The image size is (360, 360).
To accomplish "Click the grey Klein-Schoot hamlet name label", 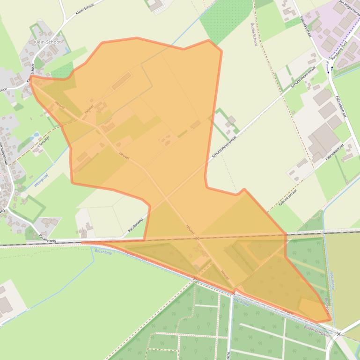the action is [48, 42].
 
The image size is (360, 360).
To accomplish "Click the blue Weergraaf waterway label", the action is [42, 180].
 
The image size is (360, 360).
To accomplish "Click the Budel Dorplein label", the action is [316, 329].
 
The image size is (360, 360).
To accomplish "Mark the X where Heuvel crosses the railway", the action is [197, 238].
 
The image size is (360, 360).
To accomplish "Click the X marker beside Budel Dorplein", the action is [338, 334].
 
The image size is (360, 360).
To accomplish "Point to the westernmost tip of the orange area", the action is [30, 77].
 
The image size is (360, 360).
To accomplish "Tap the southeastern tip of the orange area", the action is [331, 321].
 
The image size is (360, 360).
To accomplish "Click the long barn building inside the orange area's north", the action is [121, 80].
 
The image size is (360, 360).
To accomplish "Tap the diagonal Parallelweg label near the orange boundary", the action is [136, 225].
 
